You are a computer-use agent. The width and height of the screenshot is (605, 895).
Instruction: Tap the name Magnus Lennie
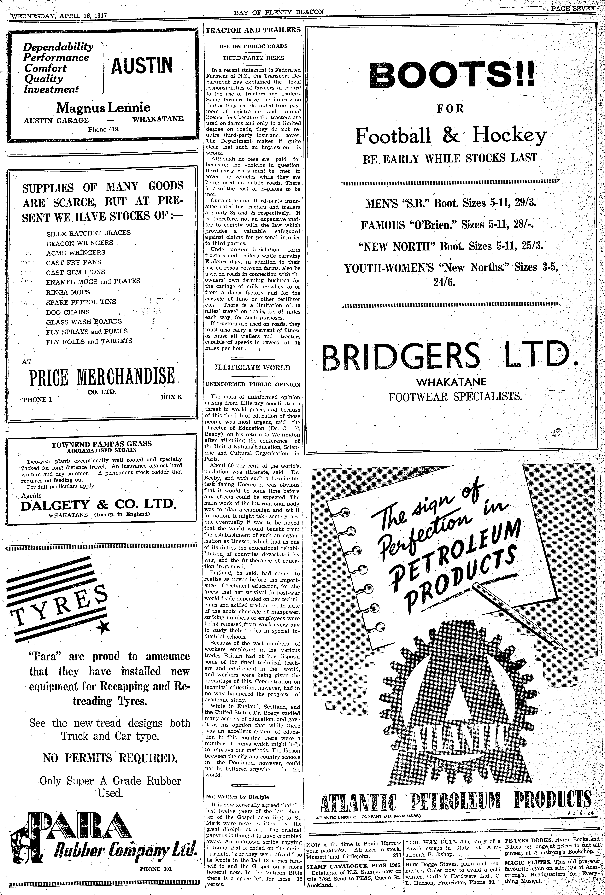[x=103, y=107]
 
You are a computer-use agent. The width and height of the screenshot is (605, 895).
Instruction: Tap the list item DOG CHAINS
[x=68, y=312]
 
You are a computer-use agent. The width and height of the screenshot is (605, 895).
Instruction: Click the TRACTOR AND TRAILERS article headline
[x=253, y=30]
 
